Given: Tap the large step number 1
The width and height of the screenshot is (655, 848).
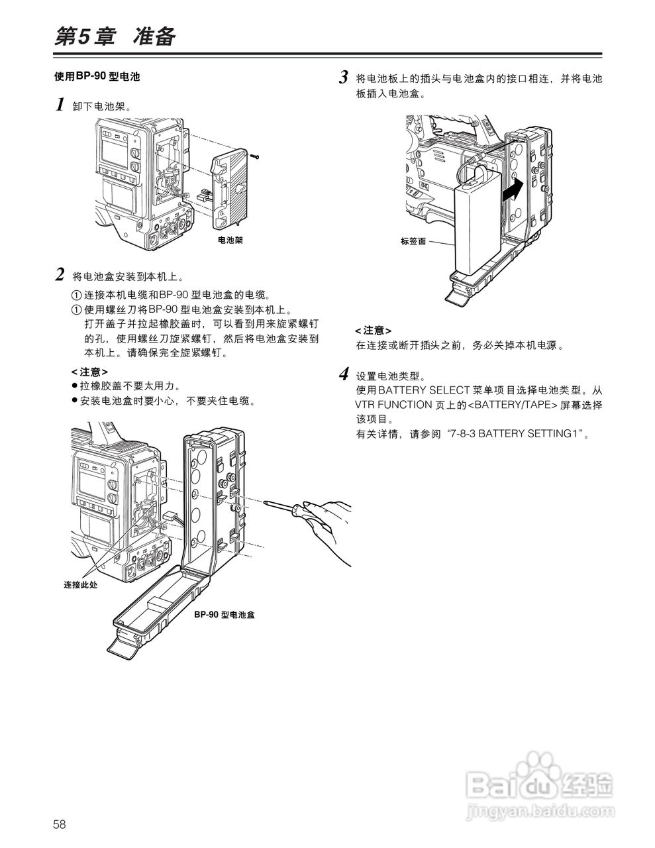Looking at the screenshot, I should tap(60, 105).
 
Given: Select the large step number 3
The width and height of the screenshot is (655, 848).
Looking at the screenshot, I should tap(344, 78).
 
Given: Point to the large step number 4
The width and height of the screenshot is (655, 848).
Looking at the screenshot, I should tap(344, 374).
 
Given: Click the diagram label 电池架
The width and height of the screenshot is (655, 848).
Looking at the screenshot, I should tap(230, 240).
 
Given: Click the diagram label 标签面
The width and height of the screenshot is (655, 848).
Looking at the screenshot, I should tap(413, 242).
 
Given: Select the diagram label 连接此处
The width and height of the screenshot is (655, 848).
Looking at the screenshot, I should tap(80, 584).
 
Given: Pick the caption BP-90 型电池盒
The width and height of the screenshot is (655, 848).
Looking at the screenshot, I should tap(224, 615).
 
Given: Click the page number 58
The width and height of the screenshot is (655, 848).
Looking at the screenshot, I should tap(60, 824).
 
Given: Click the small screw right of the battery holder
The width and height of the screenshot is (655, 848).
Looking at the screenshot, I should tap(255, 156).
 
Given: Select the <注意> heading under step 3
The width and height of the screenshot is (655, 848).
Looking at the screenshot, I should tap(373, 330).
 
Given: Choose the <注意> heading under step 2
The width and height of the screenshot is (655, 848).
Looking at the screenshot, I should tap(89, 372).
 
